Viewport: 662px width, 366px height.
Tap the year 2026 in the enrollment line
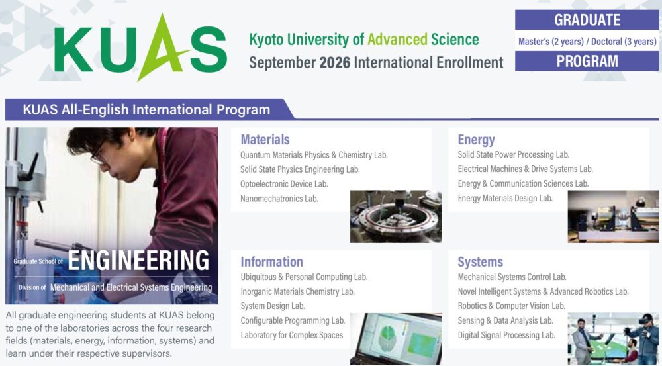[335, 62]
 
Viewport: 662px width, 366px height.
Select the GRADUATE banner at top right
[587, 20]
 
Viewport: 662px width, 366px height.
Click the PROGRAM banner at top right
[587, 61]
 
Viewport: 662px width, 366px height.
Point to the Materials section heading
[265, 139]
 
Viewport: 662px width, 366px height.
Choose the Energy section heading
[476, 140]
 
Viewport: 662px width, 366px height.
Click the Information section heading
[272, 261]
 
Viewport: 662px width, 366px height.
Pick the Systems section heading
[481, 262]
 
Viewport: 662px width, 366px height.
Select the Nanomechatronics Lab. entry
[279, 199]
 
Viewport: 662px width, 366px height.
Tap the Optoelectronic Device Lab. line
[284, 184]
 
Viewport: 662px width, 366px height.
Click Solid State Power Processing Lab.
[514, 154]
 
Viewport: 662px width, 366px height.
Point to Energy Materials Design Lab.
[505, 198]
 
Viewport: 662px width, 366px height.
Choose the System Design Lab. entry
[273, 306]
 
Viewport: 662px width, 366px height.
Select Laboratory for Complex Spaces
[292, 335]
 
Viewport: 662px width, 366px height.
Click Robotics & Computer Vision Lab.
[511, 306]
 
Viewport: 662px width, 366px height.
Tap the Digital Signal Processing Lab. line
[506, 335]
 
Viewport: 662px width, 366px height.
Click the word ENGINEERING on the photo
[138, 260]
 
